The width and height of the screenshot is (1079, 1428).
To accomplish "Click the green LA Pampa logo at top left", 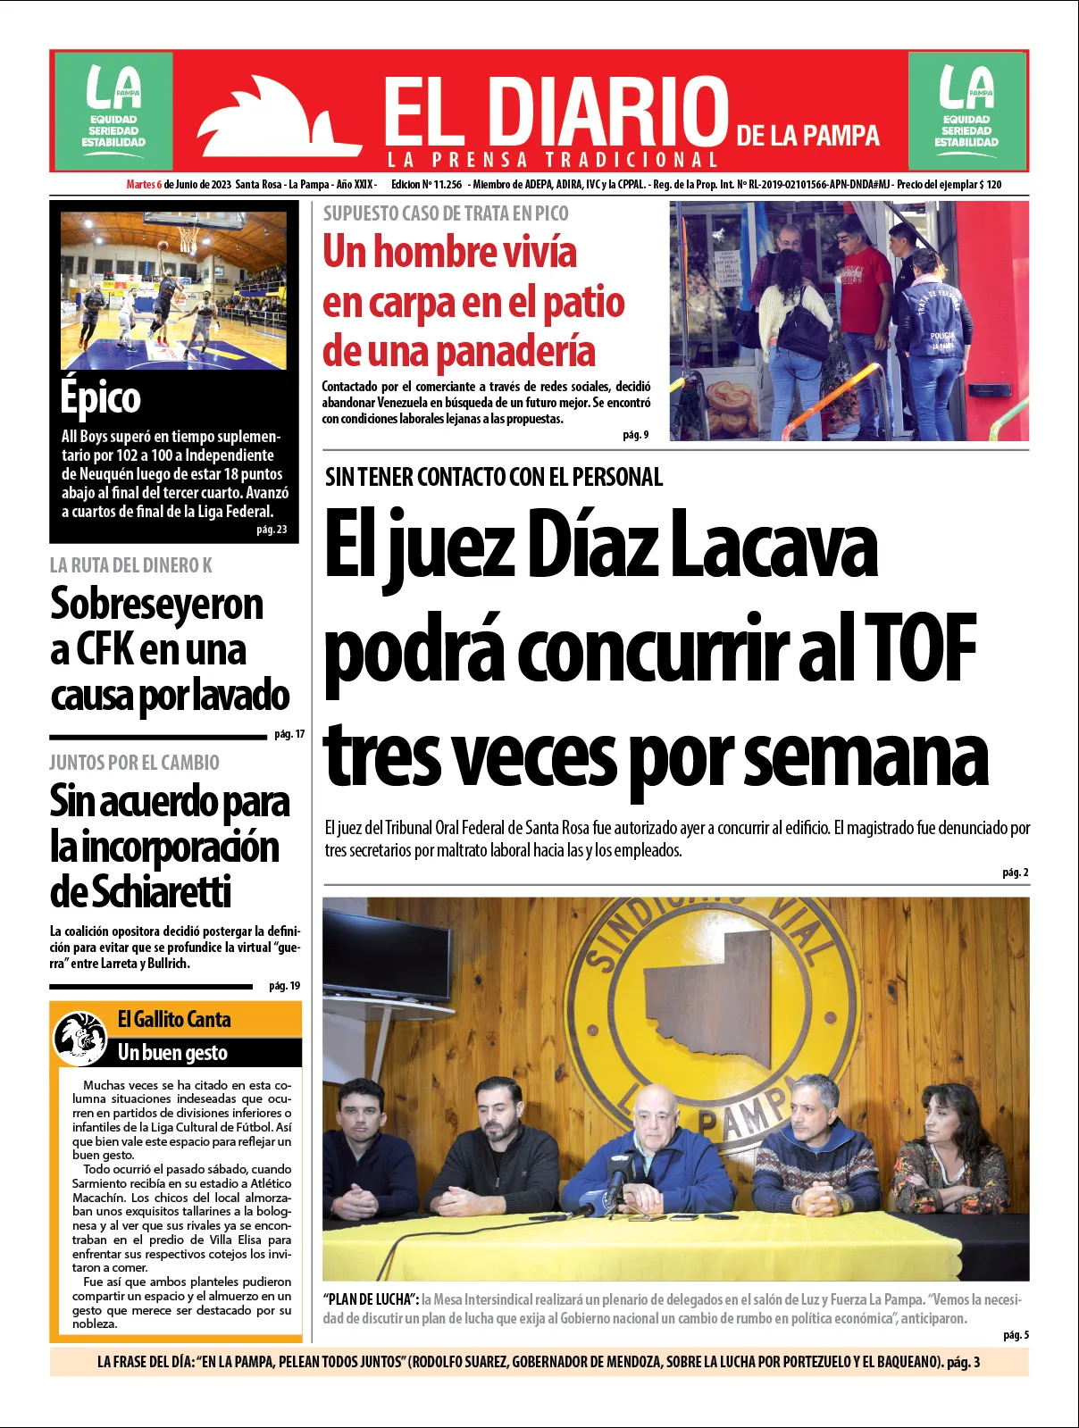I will click(113, 110).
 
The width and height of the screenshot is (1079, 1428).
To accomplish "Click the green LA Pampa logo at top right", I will click(966, 110).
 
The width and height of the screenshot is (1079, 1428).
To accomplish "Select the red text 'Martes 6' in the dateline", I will click(144, 185).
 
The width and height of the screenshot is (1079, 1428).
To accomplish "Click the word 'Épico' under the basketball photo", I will click(101, 397).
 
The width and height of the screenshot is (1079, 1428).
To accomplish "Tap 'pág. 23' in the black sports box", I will click(272, 530).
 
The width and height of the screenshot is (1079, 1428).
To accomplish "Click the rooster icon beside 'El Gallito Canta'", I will click(80, 1038).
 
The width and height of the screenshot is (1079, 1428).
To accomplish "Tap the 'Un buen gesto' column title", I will click(172, 1053).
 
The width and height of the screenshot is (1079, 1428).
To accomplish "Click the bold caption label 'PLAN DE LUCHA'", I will click(371, 1299).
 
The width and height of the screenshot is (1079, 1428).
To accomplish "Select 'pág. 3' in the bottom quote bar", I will click(963, 1362).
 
